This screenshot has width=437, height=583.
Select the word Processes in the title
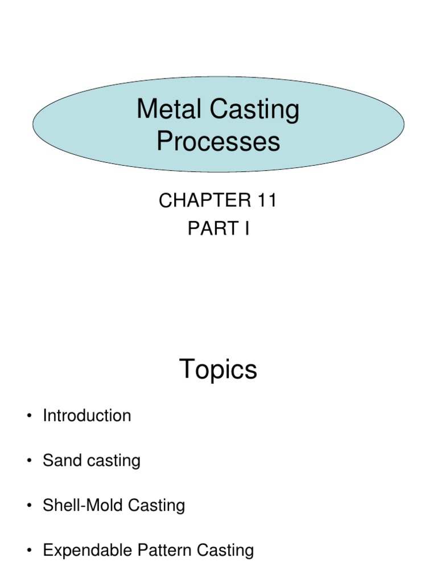pyautogui.click(x=218, y=142)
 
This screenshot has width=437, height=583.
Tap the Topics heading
pyautogui.click(x=218, y=370)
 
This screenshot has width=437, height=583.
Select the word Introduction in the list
pyautogui.click(x=86, y=416)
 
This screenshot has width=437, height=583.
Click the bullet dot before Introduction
pyautogui.click(x=28, y=417)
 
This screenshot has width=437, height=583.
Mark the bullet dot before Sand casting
pyautogui.click(x=28, y=461)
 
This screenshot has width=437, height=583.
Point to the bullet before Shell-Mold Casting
pyautogui.click(x=28, y=506)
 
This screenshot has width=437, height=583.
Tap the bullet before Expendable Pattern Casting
pyautogui.click(x=28, y=551)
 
